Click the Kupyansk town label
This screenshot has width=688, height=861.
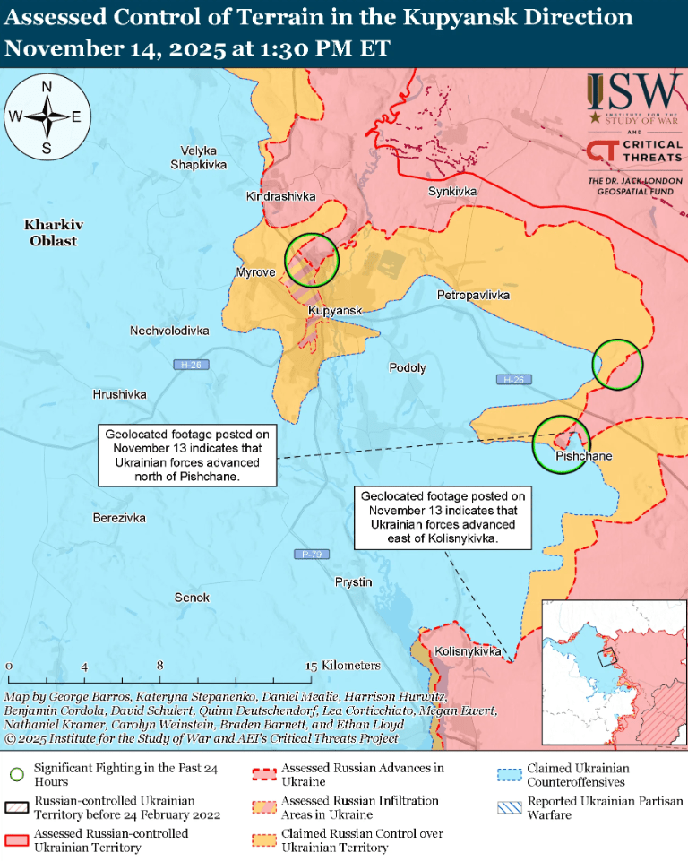click(x=335, y=311)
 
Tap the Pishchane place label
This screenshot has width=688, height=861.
click(x=583, y=456)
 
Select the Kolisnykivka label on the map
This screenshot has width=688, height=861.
click(x=467, y=651)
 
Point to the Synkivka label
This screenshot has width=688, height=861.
click(x=452, y=192)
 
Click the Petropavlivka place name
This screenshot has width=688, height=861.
click(x=473, y=295)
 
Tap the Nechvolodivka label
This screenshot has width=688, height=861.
click(x=169, y=331)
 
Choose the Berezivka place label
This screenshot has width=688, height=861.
click(x=119, y=518)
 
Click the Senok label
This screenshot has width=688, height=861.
click(x=192, y=598)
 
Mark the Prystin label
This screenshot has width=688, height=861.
click(x=353, y=582)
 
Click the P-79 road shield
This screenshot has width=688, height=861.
click(x=311, y=555)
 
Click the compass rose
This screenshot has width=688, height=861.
click(x=46, y=116)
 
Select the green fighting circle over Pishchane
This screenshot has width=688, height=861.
click(x=561, y=443)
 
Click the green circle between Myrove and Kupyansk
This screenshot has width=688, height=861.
click(x=311, y=260)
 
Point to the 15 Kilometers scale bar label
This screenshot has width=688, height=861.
click(x=344, y=666)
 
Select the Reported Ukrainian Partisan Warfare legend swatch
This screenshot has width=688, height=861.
click(x=510, y=807)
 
